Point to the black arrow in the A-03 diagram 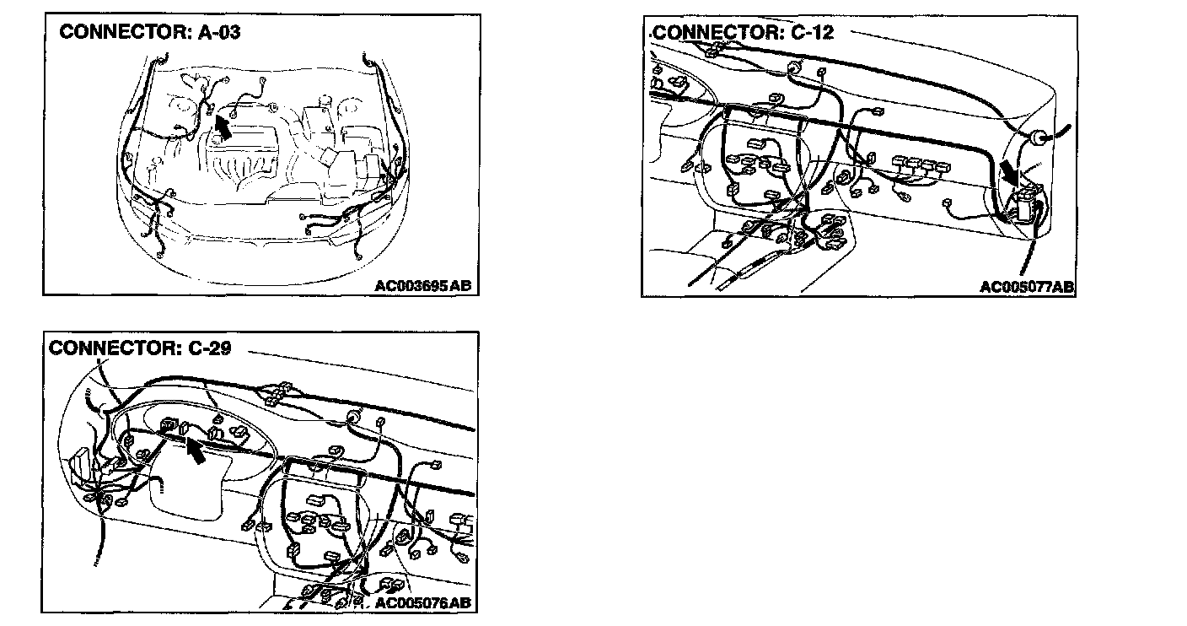(x=222, y=127)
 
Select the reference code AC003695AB (x=423, y=285)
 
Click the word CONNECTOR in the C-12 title (x=709, y=33)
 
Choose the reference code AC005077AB (x=1026, y=287)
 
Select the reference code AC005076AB (x=422, y=602)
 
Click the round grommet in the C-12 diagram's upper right (x=1037, y=138)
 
